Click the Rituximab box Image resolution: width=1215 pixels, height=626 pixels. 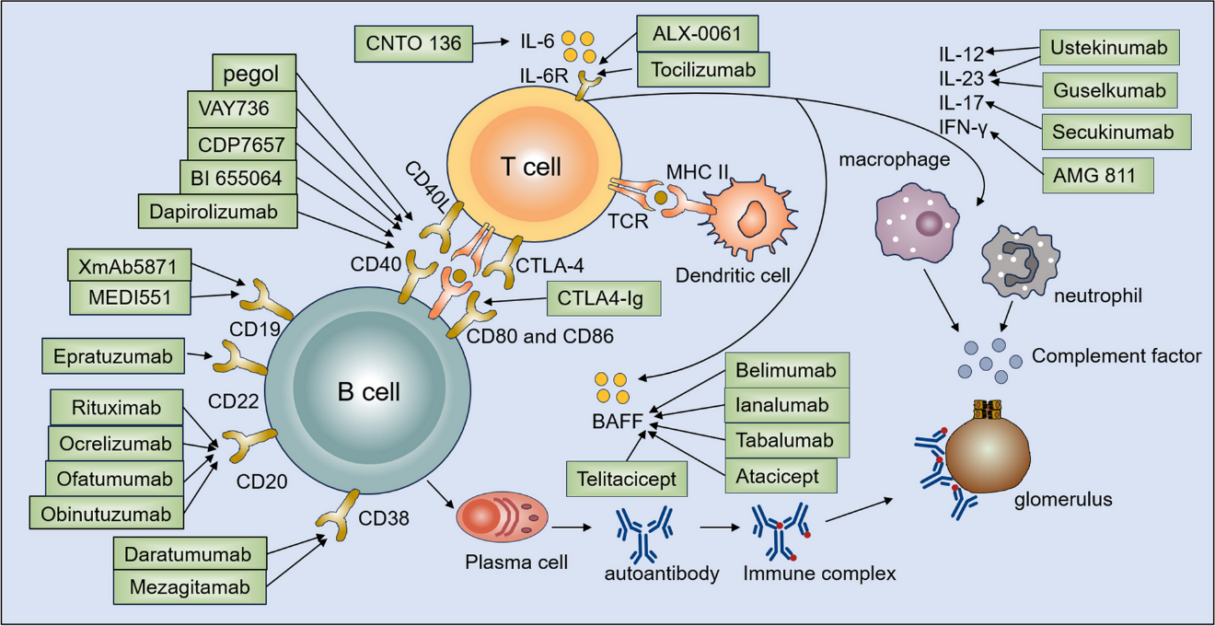117,408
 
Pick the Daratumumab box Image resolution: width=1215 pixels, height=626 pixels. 191,554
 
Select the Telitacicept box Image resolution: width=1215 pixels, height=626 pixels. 627,480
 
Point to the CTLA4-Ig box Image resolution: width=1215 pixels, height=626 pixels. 604,298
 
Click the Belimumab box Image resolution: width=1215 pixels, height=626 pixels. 786,370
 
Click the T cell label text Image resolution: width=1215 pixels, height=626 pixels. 530,167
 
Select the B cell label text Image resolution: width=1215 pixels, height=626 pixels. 369,391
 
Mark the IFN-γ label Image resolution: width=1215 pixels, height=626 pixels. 963,125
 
